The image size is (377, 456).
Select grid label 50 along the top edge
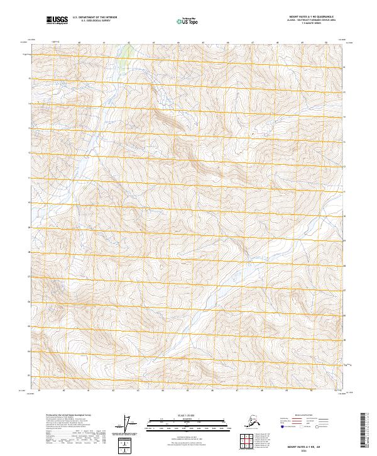click(326, 43)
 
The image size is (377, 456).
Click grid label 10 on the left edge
click(29, 203)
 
